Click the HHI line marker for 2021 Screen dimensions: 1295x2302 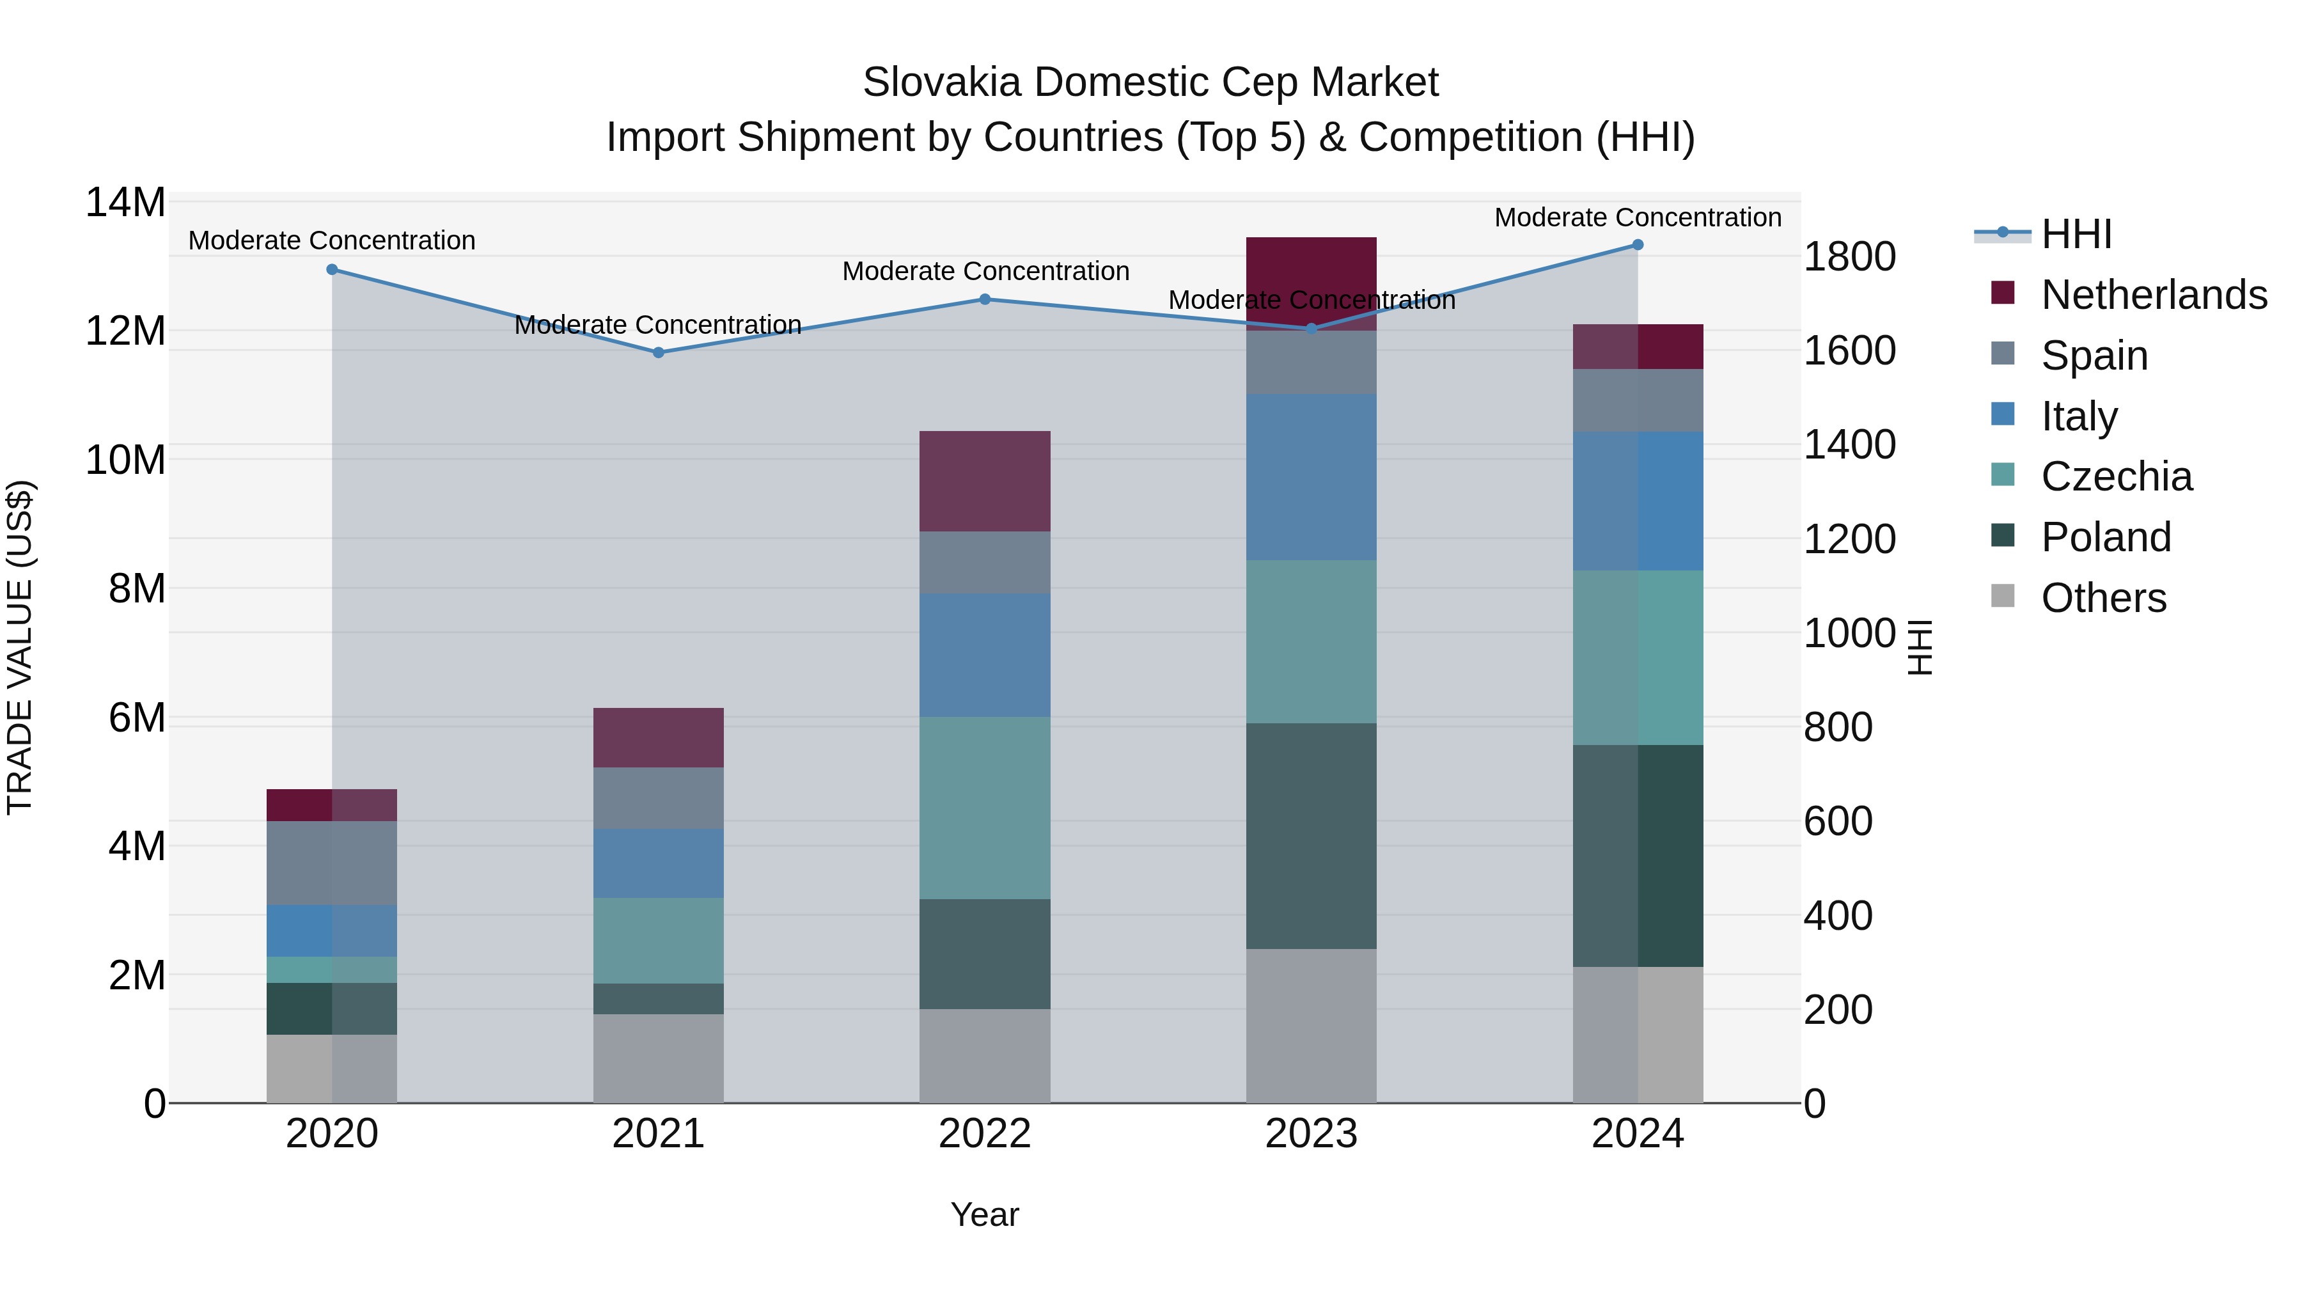click(x=659, y=353)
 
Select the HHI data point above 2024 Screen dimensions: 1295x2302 click(x=1638, y=245)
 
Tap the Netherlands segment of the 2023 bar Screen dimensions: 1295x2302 click(x=1311, y=268)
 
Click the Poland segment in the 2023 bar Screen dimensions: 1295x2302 click(x=1311, y=836)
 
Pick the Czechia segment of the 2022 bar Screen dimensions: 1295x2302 click(x=985, y=808)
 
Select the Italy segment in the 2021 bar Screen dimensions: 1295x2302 click(x=659, y=863)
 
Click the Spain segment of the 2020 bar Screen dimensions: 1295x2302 click(x=331, y=863)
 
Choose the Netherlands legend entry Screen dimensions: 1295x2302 click(x=2154, y=295)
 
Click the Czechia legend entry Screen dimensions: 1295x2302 click(x=2116, y=476)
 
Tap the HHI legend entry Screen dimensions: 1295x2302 click(x=2076, y=234)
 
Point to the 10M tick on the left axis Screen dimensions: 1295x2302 click(x=125, y=460)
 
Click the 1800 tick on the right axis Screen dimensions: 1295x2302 click(x=1849, y=256)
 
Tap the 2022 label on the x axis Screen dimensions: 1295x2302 click(x=985, y=1134)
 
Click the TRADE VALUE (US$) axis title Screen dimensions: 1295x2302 click(x=20, y=647)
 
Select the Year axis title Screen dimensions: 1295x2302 click(x=985, y=1214)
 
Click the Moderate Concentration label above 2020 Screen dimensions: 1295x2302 click(x=331, y=240)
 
